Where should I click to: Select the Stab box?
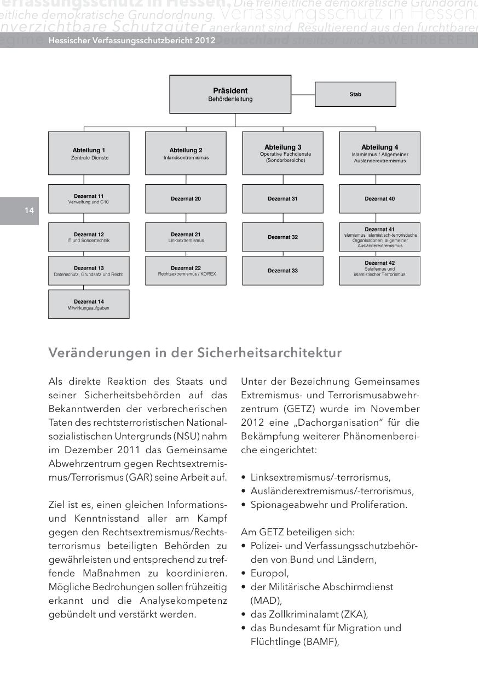tap(355, 94)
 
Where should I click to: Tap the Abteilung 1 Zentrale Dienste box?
tap(89, 153)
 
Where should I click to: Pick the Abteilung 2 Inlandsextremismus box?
tap(186, 153)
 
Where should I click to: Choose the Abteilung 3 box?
tap(282, 153)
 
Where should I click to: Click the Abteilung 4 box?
tap(380, 153)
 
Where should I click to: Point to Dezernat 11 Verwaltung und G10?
tap(89, 198)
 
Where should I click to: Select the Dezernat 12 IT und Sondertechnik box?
tap(89, 237)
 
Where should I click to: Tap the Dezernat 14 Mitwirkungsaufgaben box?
tap(89, 304)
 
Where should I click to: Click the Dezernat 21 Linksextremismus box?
tap(186, 237)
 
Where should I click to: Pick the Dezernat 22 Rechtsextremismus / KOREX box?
tap(186, 271)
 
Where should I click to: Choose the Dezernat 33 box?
tap(282, 271)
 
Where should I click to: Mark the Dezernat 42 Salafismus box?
tap(380, 271)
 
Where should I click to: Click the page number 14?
tap(29, 211)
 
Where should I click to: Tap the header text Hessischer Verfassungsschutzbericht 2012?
tap(131, 41)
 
